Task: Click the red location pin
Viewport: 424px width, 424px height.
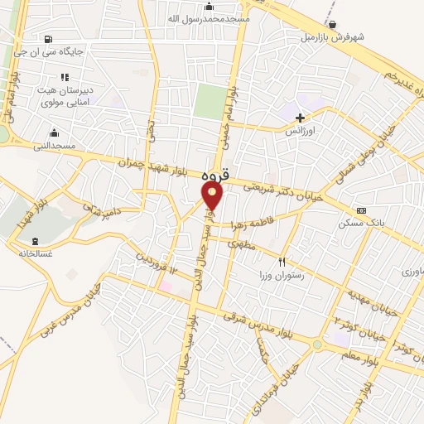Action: pyautogui.click(x=213, y=195)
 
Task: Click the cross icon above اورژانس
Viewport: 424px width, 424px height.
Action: pyautogui.click(x=301, y=118)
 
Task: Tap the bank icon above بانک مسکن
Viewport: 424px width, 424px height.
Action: pyautogui.click(x=360, y=210)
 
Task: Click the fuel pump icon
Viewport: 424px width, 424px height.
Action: pyautogui.click(x=47, y=38)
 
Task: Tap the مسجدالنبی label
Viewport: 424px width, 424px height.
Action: pyautogui.click(x=54, y=146)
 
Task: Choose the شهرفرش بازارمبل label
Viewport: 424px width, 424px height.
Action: pyautogui.click(x=331, y=37)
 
